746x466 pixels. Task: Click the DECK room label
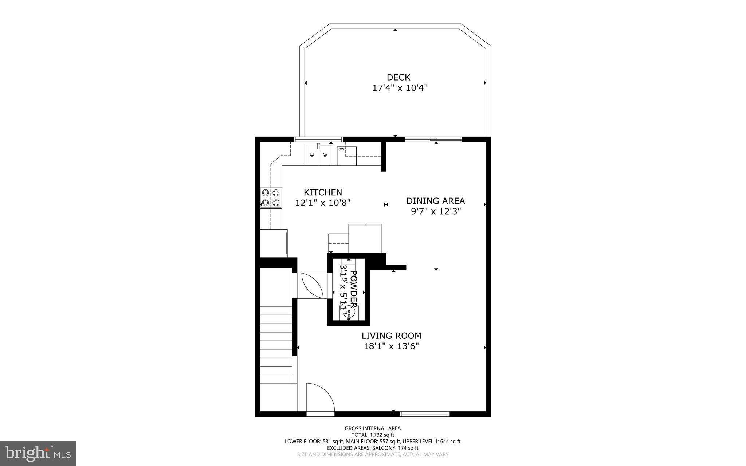tap(398, 77)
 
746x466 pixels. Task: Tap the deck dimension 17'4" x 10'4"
tap(400, 88)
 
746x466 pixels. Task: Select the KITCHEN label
tap(323, 192)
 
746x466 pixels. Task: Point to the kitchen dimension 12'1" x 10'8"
tap(323, 203)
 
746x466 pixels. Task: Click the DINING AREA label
tap(435, 201)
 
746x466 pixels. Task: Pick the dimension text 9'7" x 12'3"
tap(436, 211)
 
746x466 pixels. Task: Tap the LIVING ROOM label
tap(391, 336)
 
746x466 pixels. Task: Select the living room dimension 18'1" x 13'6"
tap(391, 346)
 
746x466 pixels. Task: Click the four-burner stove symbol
tap(271, 197)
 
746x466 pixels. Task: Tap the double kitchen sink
tap(318, 155)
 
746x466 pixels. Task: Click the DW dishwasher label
tap(341, 149)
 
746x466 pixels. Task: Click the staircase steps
tap(276, 344)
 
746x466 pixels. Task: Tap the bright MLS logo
tap(38, 453)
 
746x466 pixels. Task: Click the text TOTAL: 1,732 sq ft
tap(373, 435)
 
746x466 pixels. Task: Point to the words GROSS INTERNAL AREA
tap(373, 428)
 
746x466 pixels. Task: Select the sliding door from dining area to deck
tap(433, 139)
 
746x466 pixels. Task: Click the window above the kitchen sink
tap(318, 139)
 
